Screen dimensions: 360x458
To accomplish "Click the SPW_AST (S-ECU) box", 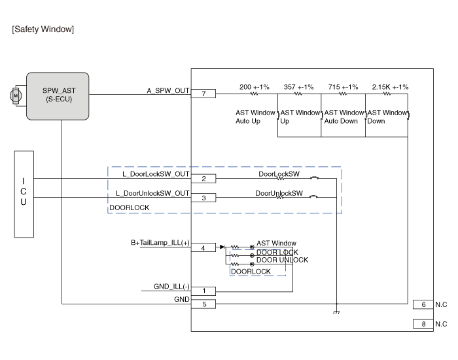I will (x=56, y=96).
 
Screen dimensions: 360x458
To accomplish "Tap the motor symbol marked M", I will (x=14, y=96).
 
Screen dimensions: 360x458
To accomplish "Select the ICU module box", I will (x=24, y=194).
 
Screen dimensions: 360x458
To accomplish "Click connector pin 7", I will (x=204, y=94).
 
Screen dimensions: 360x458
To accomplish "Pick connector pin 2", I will (x=204, y=179).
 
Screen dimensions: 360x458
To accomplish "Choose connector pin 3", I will (x=204, y=198).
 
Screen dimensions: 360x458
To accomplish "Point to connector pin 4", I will (x=204, y=247).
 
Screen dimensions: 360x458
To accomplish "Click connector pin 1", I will (x=204, y=291).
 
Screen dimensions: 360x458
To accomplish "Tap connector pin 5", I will (x=204, y=304).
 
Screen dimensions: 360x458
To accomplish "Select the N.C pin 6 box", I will (x=423, y=304).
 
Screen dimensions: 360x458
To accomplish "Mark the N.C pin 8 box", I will (x=423, y=324).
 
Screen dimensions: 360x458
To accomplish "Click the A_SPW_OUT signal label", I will (x=167, y=91).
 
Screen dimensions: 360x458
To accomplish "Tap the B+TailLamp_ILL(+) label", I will (x=160, y=243).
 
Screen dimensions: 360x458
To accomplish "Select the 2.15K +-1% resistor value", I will (x=390, y=87).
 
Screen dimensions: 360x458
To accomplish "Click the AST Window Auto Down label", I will (x=343, y=117).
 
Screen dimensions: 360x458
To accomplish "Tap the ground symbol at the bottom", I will (x=336, y=312).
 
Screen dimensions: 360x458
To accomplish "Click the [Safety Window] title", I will (x=43, y=29).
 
